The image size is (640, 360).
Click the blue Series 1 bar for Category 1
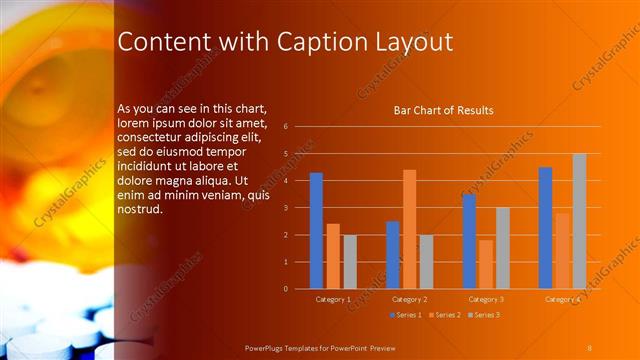pos(316,231)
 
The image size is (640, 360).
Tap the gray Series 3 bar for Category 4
pos(579,221)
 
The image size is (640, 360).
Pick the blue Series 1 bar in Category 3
pos(469,241)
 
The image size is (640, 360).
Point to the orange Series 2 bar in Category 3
pos(486,264)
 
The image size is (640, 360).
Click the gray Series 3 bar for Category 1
pos(350,262)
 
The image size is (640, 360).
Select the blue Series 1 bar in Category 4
pos(545,228)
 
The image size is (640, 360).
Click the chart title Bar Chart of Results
pos(443,110)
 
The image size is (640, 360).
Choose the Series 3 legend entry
pos(483,315)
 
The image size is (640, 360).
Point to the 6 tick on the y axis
pos(286,127)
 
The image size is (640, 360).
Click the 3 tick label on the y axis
pos(286,208)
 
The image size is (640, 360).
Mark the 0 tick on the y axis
pos(286,289)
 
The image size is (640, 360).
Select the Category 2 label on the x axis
pos(409,299)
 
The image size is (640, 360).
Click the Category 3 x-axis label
pos(486,299)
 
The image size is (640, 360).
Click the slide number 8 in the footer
pos(589,347)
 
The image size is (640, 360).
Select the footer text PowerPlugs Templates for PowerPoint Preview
pos(327,347)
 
